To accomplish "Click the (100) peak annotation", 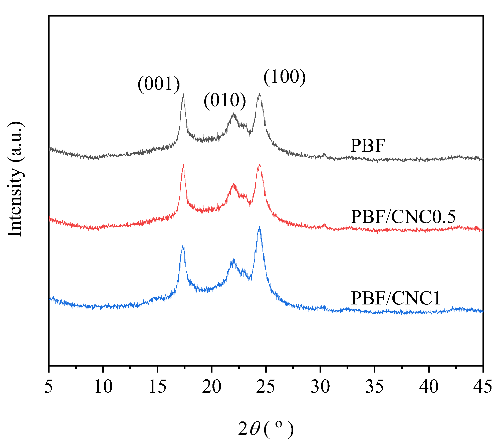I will point(285,77).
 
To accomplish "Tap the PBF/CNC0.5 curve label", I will point(403,217).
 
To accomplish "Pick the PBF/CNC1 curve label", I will point(395,298).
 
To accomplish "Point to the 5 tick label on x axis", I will point(49,386).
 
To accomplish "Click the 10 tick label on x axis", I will point(103,386).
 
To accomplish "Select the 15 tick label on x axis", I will point(157,386).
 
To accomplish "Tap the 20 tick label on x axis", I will point(212,386).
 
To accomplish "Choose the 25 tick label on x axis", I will point(266,386).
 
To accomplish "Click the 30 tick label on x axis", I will point(320,386).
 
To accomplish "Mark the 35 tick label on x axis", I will point(374,386).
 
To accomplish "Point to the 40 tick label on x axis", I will point(429,386).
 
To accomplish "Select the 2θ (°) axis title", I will point(266,429).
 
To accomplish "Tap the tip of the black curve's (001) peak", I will point(183,94).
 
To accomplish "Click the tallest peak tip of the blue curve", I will point(259,227).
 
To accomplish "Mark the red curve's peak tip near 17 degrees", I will point(183,165).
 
